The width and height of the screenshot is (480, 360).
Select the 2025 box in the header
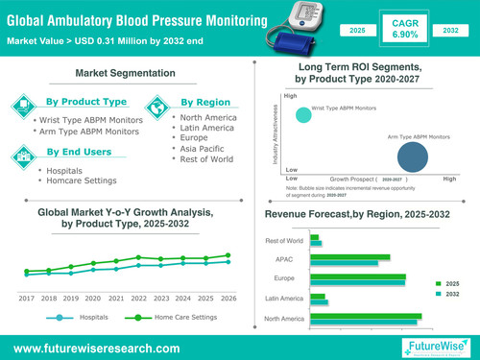(356, 32)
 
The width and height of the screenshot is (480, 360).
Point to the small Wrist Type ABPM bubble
(303, 116)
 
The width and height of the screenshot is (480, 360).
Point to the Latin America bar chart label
(284, 299)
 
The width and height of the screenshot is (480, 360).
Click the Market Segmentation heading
(128, 73)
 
